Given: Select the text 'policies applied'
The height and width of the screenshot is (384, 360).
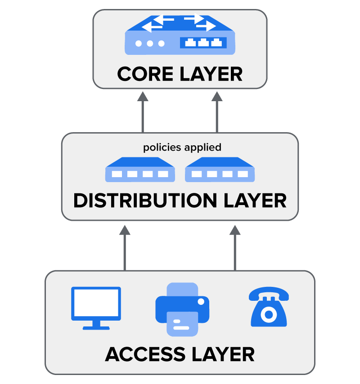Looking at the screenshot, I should [x=182, y=147].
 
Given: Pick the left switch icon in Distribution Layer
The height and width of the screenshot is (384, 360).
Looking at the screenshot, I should [x=140, y=170].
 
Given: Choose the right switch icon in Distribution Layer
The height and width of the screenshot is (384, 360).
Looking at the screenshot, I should [x=220, y=170].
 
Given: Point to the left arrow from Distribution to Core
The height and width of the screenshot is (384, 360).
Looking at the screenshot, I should [x=143, y=112].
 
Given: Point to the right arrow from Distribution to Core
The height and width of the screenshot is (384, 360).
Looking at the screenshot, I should [x=217, y=112].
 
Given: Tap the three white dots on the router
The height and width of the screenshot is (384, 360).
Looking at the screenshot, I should [x=150, y=44].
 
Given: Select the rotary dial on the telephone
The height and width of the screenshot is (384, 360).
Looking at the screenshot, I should [x=269, y=314].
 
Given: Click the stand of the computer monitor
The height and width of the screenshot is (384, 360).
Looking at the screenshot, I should [x=96, y=325].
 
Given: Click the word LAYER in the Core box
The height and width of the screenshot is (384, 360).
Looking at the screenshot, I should [x=212, y=74].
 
